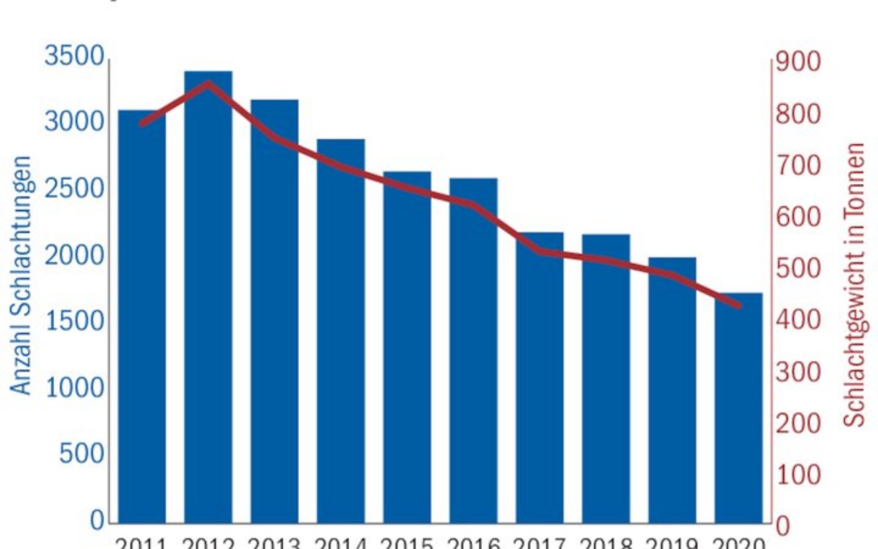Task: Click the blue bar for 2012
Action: [x=208, y=301]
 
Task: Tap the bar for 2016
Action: [x=473, y=351]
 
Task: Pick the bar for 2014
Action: [x=341, y=333]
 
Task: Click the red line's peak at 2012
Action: [x=208, y=83]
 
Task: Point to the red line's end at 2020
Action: [x=739, y=306]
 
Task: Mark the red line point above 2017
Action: [x=540, y=252]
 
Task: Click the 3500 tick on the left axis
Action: [x=74, y=56]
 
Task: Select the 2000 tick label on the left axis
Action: [x=74, y=255]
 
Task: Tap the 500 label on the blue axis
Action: [x=82, y=453]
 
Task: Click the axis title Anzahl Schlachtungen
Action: [x=21, y=276]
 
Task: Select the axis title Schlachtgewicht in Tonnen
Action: [x=854, y=285]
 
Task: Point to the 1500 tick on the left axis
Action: [x=74, y=321]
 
